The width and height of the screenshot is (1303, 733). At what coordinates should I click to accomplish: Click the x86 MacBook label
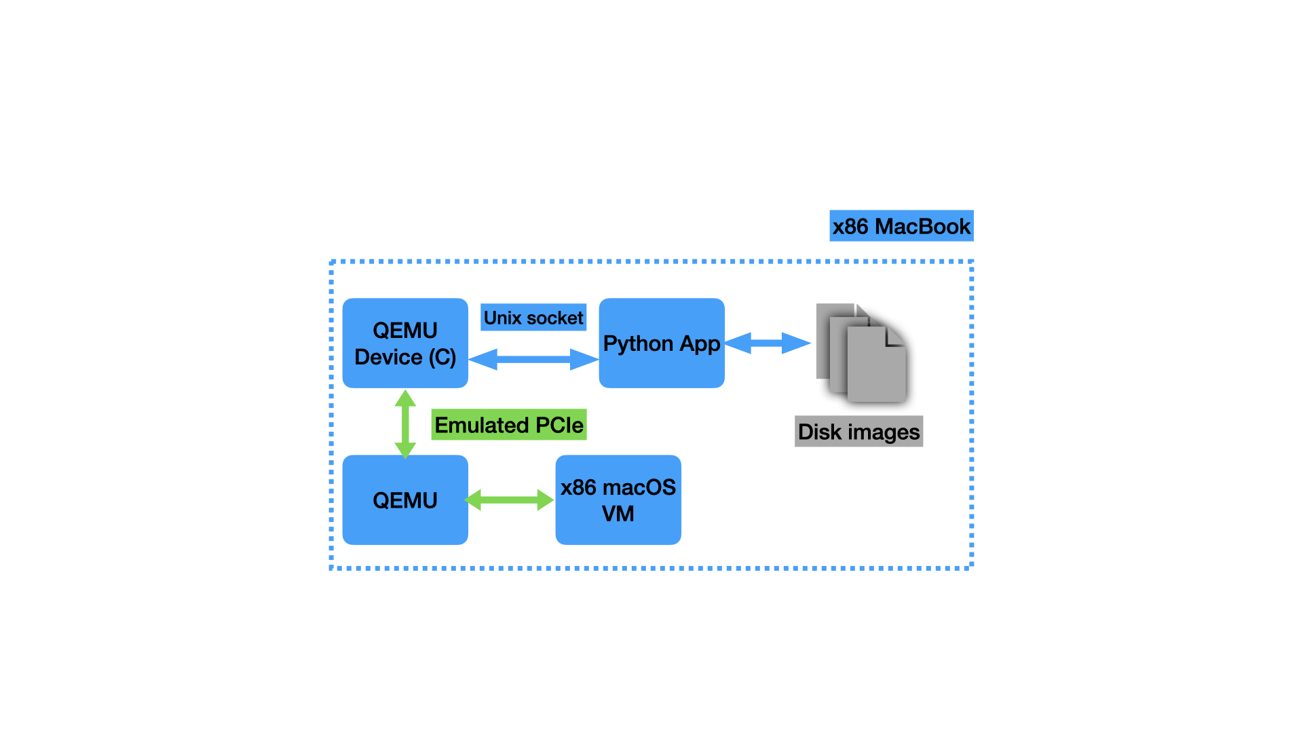coord(901,226)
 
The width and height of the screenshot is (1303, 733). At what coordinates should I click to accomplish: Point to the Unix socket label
coord(533,318)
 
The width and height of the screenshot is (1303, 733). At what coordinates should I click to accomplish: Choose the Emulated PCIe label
coord(509,425)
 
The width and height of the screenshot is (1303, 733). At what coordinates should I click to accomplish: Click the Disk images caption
coord(858,432)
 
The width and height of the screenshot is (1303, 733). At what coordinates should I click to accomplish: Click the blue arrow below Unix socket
coord(533,359)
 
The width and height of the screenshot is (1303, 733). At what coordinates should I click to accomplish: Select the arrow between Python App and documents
coord(768,343)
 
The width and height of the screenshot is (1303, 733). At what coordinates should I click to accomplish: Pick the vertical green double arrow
coord(405,424)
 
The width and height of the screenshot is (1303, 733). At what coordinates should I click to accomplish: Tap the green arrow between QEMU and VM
coord(510,500)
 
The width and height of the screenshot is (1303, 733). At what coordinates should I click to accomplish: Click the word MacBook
coord(922,226)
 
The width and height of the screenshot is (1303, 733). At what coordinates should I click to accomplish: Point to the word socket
coord(554,318)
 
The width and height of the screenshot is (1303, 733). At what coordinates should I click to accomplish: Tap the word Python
coord(637,344)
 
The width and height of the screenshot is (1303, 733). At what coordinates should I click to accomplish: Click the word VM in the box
coord(618,514)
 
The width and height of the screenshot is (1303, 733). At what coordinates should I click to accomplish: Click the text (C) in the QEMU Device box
coord(442,357)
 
